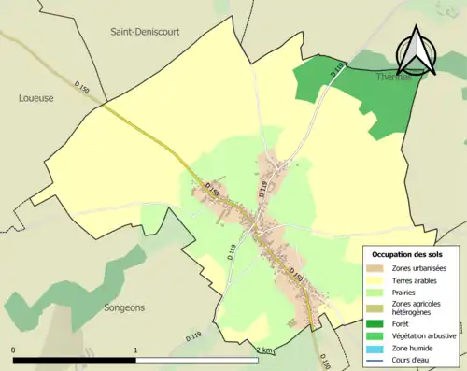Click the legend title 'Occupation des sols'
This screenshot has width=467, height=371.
click(x=413, y=255)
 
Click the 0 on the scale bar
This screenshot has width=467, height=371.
click(x=14, y=350)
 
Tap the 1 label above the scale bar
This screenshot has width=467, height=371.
click(x=136, y=350)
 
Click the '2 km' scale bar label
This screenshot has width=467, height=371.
click(x=264, y=350)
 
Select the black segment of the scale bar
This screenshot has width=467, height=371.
click(x=75, y=360)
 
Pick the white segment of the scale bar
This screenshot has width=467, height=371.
click(x=197, y=360)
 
